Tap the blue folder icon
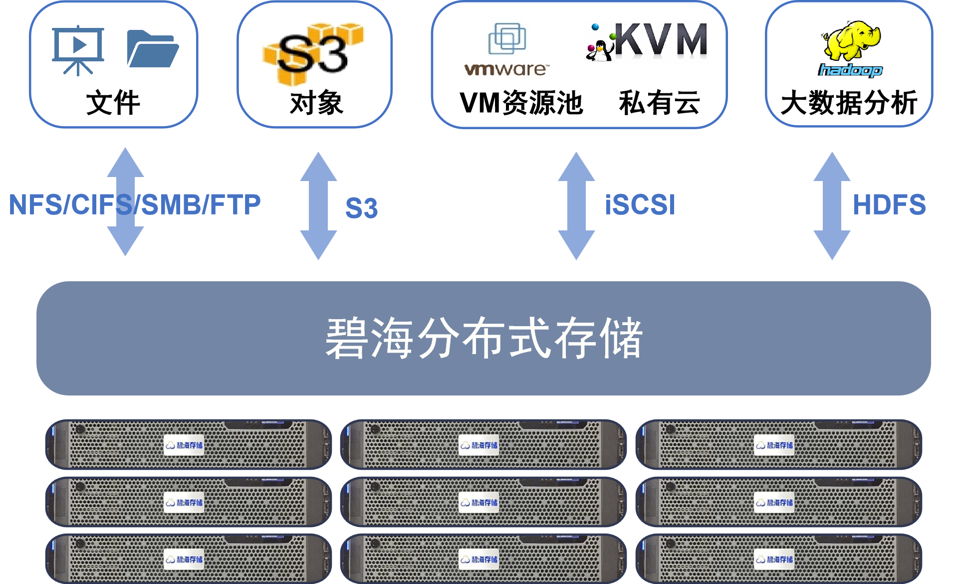click(x=153, y=48)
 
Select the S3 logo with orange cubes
click(x=313, y=53)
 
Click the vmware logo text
click(x=505, y=69)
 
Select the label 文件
click(x=113, y=103)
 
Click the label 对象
click(x=316, y=103)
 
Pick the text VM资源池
click(x=521, y=103)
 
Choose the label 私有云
click(x=659, y=103)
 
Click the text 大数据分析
click(x=849, y=103)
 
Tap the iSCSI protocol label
click(x=640, y=205)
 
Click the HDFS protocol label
click(x=889, y=205)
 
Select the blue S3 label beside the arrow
click(x=361, y=208)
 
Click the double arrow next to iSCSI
click(x=576, y=205)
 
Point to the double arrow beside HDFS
click(x=832, y=205)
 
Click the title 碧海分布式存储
click(x=483, y=338)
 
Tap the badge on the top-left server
click(x=184, y=445)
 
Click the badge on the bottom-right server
click(x=774, y=559)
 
